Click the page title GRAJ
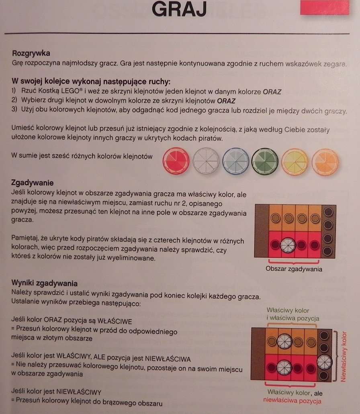pyautogui.click(x=179, y=9)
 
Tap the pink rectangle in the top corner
pyautogui.click(x=325, y=7)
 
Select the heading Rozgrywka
pyautogui.click(x=31, y=53)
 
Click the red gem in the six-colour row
pyautogui.click(x=176, y=161)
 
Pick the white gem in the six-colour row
pyautogui.click(x=206, y=161)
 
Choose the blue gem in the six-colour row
pyautogui.click(x=235, y=161)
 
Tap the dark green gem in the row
pyautogui.click(x=265, y=161)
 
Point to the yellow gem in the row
pyautogui.click(x=295, y=162)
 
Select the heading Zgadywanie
pyautogui.click(x=32, y=182)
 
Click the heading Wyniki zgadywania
pyautogui.click(x=44, y=283)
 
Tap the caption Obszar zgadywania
pyautogui.click(x=294, y=269)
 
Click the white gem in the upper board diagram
pyautogui.click(x=288, y=245)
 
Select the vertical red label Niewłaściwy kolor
pyautogui.click(x=344, y=357)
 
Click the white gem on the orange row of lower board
pyautogui.click(x=284, y=341)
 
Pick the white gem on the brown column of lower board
pyautogui.click(x=324, y=362)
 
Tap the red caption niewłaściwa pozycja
pyautogui.click(x=292, y=401)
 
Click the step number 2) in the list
pyautogui.click(x=14, y=100)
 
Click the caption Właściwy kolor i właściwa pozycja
pyautogui.click(x=292, y=314)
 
